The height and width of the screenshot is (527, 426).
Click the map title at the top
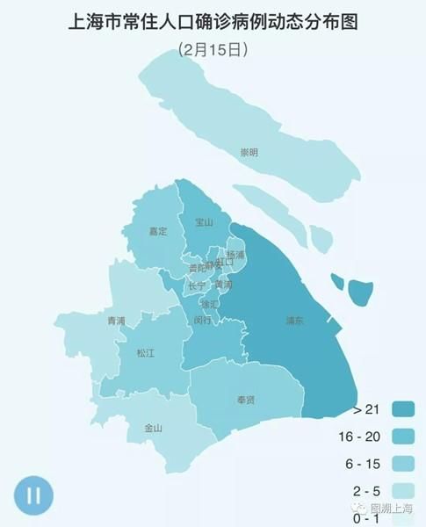pos(213,21)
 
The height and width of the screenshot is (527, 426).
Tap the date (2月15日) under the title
pos(213,50)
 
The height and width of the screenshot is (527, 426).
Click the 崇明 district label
pos(249,153)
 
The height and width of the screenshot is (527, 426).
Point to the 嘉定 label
pos(158,232)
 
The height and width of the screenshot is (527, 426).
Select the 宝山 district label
pos(204,222)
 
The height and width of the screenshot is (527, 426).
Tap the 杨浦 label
pos(235,255)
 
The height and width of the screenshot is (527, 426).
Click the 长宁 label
pos(197,286)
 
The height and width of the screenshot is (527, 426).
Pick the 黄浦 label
pos(224,285)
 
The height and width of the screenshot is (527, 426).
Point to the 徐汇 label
pos(209,304)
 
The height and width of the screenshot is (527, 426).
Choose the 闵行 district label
pos(202,321)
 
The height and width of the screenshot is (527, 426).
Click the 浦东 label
pos(295,321)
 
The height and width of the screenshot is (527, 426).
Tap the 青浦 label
pos(116,321)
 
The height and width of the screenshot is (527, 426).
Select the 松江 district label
pos(145,353)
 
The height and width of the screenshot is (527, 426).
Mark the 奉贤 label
pos(246,401)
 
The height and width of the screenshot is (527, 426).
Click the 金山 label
pos(153,429)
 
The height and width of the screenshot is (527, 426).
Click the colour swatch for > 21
pos(404,410)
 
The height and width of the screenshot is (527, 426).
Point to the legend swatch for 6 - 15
pos(404,464)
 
